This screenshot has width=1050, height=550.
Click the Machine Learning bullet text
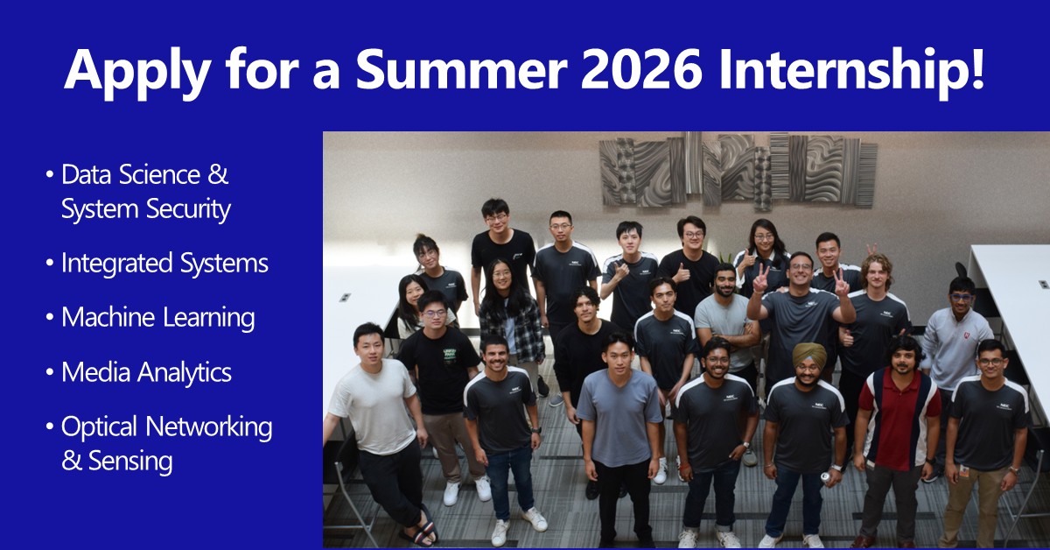click(x=157, y=317)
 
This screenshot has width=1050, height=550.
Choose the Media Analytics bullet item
click(x=146, y=372)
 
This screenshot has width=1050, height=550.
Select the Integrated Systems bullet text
click(x=164, y=263)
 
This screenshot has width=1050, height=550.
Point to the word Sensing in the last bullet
click(x=129, y=460)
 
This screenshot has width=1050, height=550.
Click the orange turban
click(x=809, y=353)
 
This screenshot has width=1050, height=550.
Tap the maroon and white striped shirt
click(x=901, y=415)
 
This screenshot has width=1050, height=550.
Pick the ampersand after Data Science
click(x=219, y=174)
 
